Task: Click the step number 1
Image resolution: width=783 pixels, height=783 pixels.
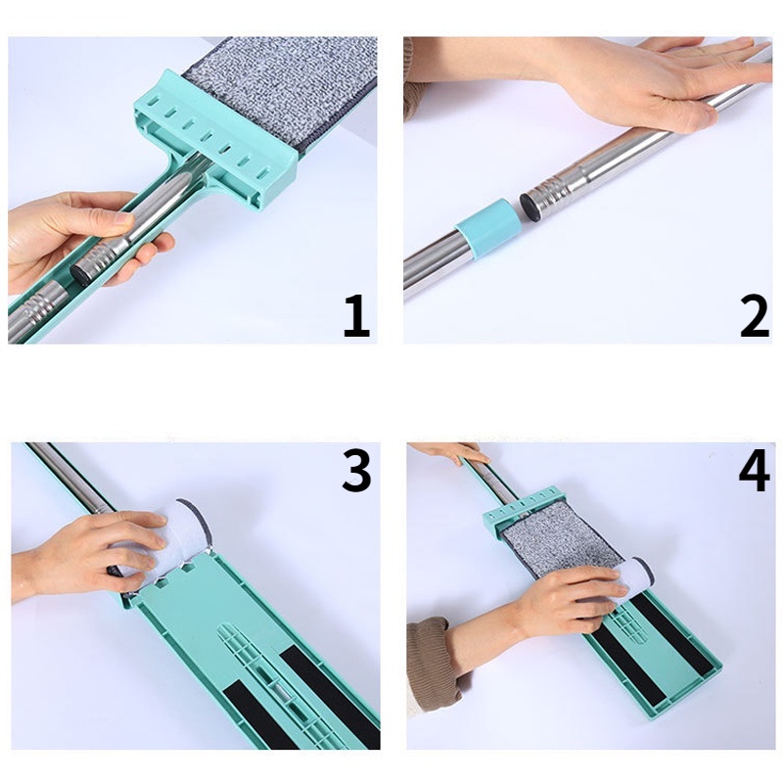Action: click(357, 316)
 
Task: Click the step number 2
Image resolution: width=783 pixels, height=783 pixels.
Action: click(755, 316)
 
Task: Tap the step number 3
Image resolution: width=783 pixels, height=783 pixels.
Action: click(356, 470)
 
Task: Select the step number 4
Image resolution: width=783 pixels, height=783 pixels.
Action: click(755, 470)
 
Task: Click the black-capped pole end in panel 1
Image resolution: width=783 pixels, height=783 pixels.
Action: click(79, 273)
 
